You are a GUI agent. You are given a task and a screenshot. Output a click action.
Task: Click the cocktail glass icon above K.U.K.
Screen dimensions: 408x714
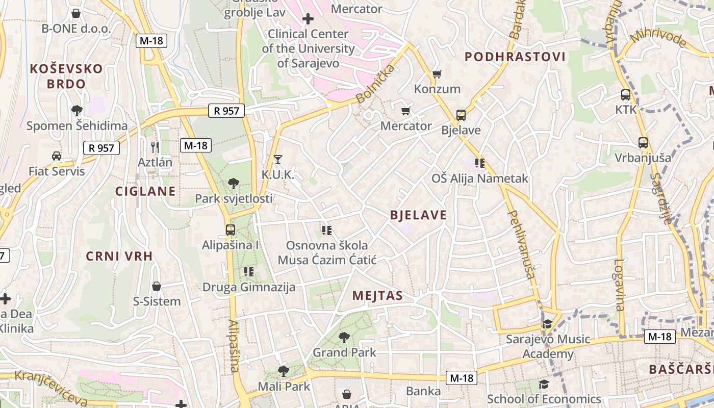point(277,160)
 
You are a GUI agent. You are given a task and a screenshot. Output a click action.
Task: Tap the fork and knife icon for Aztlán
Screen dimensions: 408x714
point(155,147)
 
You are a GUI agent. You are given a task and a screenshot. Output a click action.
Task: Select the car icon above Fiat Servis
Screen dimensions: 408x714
point(57,156)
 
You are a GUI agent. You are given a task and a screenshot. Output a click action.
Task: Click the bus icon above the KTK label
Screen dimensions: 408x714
point(626,94)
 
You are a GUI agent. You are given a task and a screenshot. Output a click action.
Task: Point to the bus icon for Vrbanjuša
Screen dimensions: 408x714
point(643,143)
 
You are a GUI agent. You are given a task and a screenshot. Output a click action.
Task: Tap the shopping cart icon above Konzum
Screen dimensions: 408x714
point(437,74)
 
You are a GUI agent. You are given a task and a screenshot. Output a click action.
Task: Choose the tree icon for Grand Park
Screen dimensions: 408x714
point(344,337)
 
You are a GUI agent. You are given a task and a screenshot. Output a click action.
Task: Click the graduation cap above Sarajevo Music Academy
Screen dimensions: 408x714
point(547,324)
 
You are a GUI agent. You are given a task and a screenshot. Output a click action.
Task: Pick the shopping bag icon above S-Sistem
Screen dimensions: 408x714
point(157,286)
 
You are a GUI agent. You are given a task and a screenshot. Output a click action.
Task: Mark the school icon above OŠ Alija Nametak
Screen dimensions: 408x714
point(479,163)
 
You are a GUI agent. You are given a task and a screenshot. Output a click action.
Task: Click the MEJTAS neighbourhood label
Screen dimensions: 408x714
point(377,296)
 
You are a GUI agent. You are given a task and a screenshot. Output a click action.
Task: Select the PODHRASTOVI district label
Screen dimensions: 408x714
point(515,57)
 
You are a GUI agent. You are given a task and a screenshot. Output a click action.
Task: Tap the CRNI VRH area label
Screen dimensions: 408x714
point(119,256)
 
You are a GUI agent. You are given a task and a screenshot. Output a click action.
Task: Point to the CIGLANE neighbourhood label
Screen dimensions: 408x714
point(145,192)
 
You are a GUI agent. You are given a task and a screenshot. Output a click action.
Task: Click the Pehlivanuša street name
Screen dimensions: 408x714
point(521,245)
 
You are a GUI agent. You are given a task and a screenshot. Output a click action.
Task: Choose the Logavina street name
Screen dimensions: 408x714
point(619,285)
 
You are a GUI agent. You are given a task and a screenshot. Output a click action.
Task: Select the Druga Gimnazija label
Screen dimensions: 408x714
point(249,287)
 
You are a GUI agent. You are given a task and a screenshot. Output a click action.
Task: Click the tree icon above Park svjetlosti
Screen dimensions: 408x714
point(234,183)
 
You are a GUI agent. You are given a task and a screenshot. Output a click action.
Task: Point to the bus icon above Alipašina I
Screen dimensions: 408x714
point(231,230)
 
